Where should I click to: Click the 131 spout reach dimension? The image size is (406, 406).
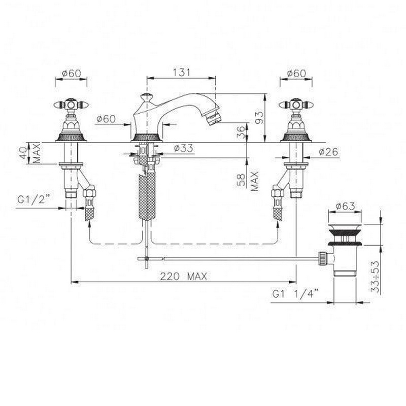[x=181, y=72]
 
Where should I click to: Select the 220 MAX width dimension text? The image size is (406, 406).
[x=184, y=276]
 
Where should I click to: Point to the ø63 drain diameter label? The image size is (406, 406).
[x=346, y=206]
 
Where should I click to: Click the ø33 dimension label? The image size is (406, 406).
[x=183, y=148]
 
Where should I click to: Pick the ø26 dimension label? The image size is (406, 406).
[x=328, y=152]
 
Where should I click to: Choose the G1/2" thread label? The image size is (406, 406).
[x=33, y=200]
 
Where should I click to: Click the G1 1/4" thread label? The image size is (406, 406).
[x=295, y=294]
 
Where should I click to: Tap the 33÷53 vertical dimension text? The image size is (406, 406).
[x=375, y=276]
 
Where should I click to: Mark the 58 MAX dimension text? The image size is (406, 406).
[x=248, y=181]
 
